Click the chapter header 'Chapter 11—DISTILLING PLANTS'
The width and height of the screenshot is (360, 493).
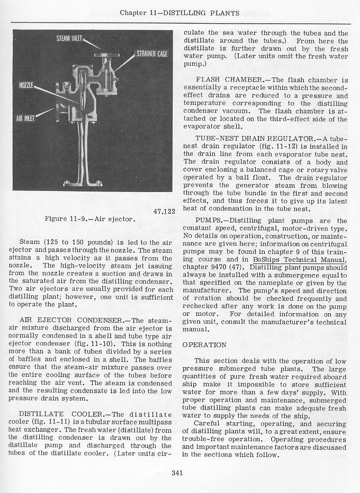[180, 12]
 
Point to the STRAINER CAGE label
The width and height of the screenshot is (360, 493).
[153, 53]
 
